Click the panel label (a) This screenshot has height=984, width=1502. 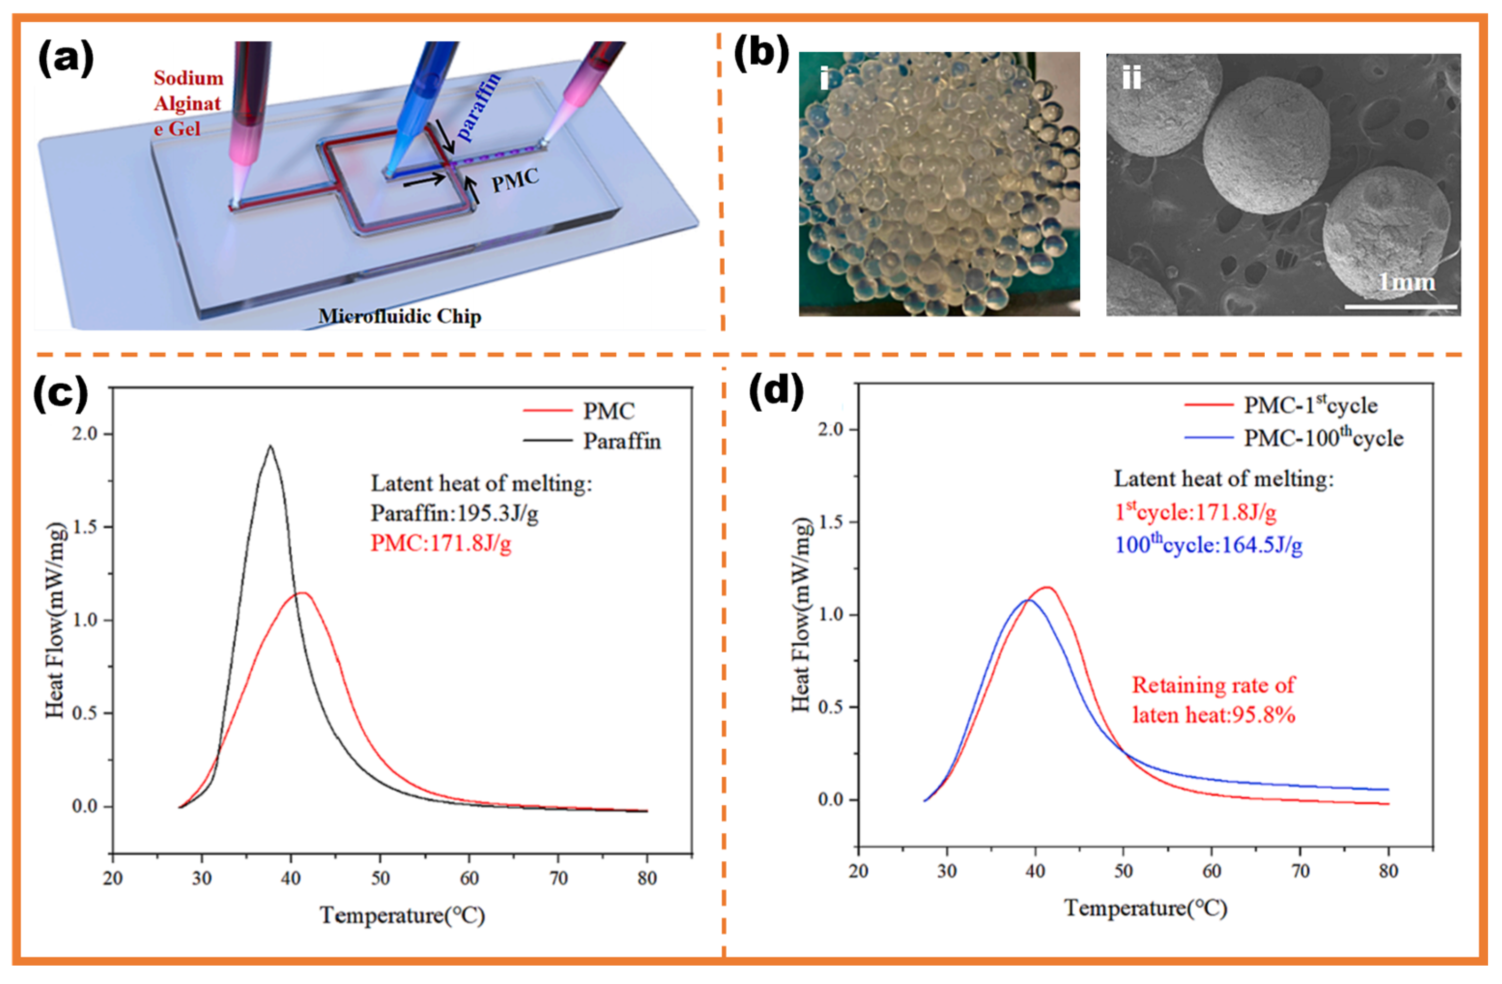[66, 58]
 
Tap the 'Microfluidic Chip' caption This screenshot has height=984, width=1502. [400, 316]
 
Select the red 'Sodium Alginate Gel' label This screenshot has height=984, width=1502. [187, 103]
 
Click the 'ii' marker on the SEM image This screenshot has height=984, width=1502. [1131, 79]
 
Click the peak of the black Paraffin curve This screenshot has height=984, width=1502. [271, 446]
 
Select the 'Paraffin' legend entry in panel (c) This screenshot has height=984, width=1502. [622, 441]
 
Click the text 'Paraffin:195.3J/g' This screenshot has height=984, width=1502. [455, 514]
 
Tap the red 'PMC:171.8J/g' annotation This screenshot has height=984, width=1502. [441, 543]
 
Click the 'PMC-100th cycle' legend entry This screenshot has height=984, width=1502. [1323, 438]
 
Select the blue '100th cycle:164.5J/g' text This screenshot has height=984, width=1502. [1208, 545]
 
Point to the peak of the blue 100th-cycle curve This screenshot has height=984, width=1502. [1028, 600]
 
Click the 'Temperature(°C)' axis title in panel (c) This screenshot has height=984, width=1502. [402, 915]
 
